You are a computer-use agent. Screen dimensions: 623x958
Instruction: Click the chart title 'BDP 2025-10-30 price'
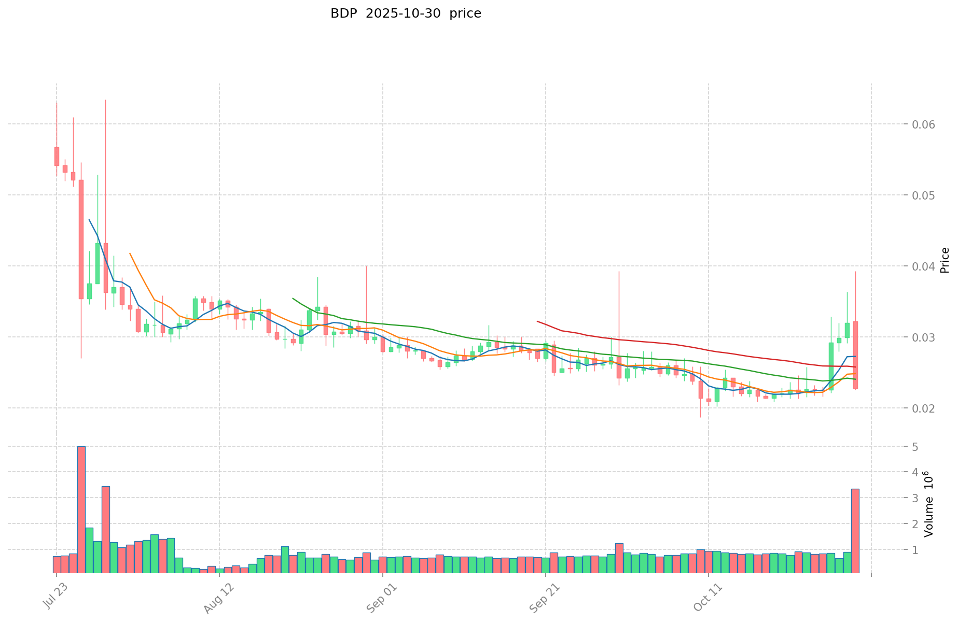406,13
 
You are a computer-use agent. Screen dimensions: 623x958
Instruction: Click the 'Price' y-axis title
945,260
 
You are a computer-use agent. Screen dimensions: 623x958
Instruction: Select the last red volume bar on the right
855,531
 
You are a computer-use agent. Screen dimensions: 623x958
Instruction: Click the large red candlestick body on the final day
855,355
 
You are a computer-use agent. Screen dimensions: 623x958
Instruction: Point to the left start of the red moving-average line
537,321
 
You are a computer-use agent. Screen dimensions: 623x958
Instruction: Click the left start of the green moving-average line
293,299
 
